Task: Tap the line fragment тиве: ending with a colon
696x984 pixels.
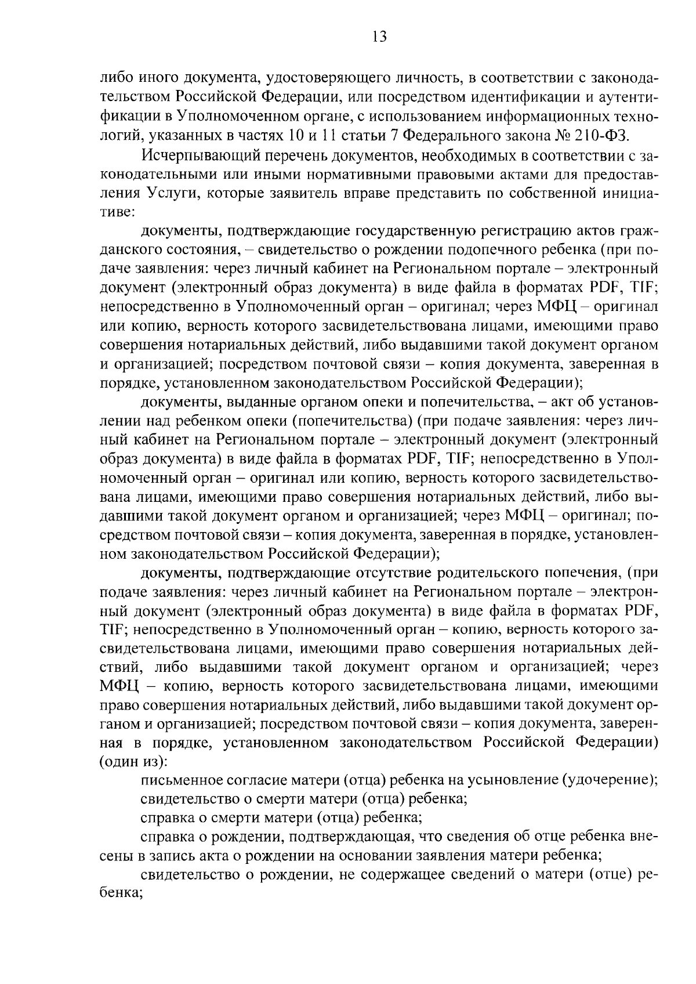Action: [117, 212]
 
